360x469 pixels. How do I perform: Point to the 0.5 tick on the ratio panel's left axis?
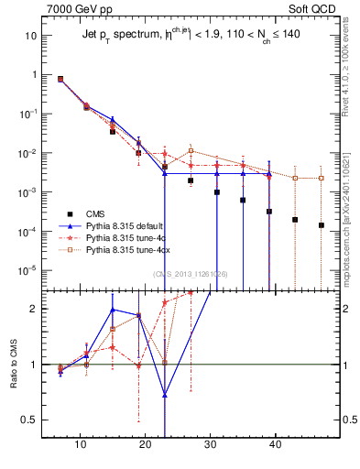coord(31,420)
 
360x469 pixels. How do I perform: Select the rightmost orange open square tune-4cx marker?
coord(321,178)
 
